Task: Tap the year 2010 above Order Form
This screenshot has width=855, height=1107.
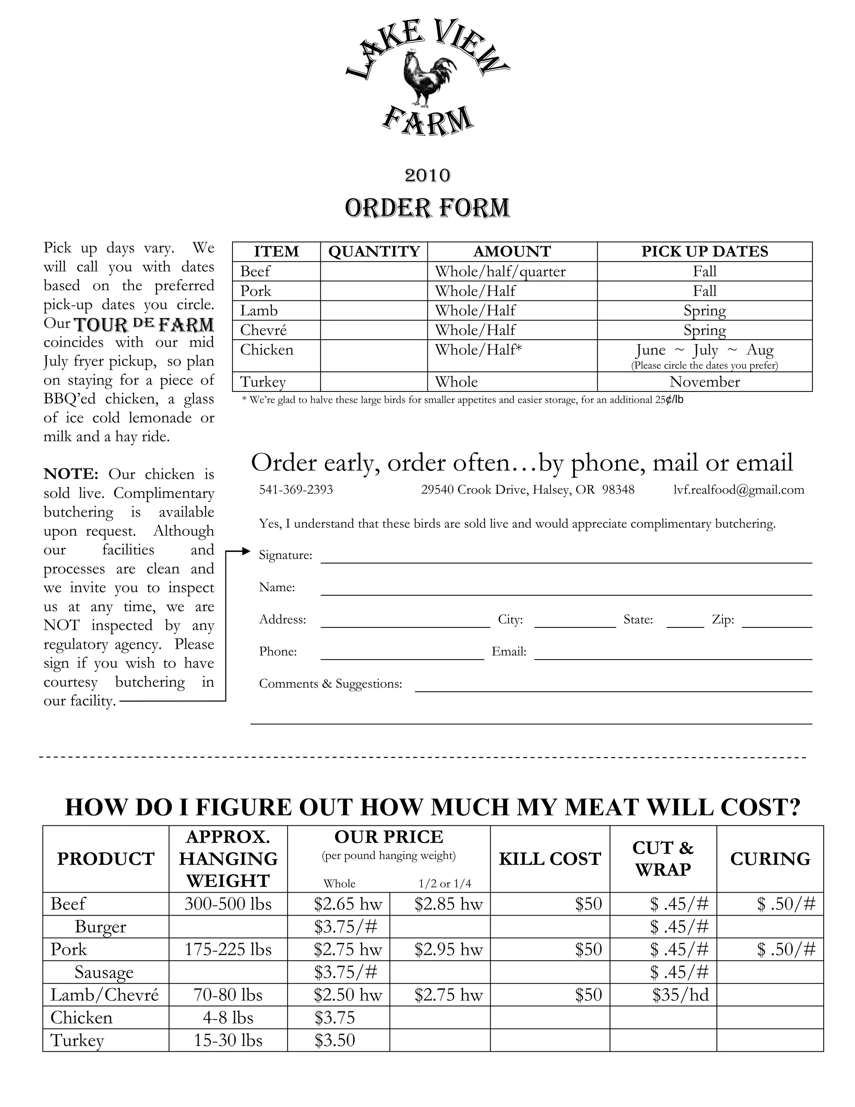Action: [x=427, y=175]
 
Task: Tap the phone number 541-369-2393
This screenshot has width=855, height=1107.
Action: [x=296, y=490]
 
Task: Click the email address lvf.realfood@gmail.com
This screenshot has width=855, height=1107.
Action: [x=739, y=490]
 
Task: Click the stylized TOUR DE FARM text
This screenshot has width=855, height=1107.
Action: [x=144, y=325]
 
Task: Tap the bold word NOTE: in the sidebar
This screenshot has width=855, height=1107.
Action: [x=71, y=474]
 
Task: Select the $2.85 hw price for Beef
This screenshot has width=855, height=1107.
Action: [x=448, y=904]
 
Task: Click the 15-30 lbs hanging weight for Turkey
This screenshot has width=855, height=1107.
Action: [x=228, y=1040]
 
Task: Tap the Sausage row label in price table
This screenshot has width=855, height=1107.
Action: [x=104, y=972]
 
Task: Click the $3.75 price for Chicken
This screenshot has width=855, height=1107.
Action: [x=335, y=1017]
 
